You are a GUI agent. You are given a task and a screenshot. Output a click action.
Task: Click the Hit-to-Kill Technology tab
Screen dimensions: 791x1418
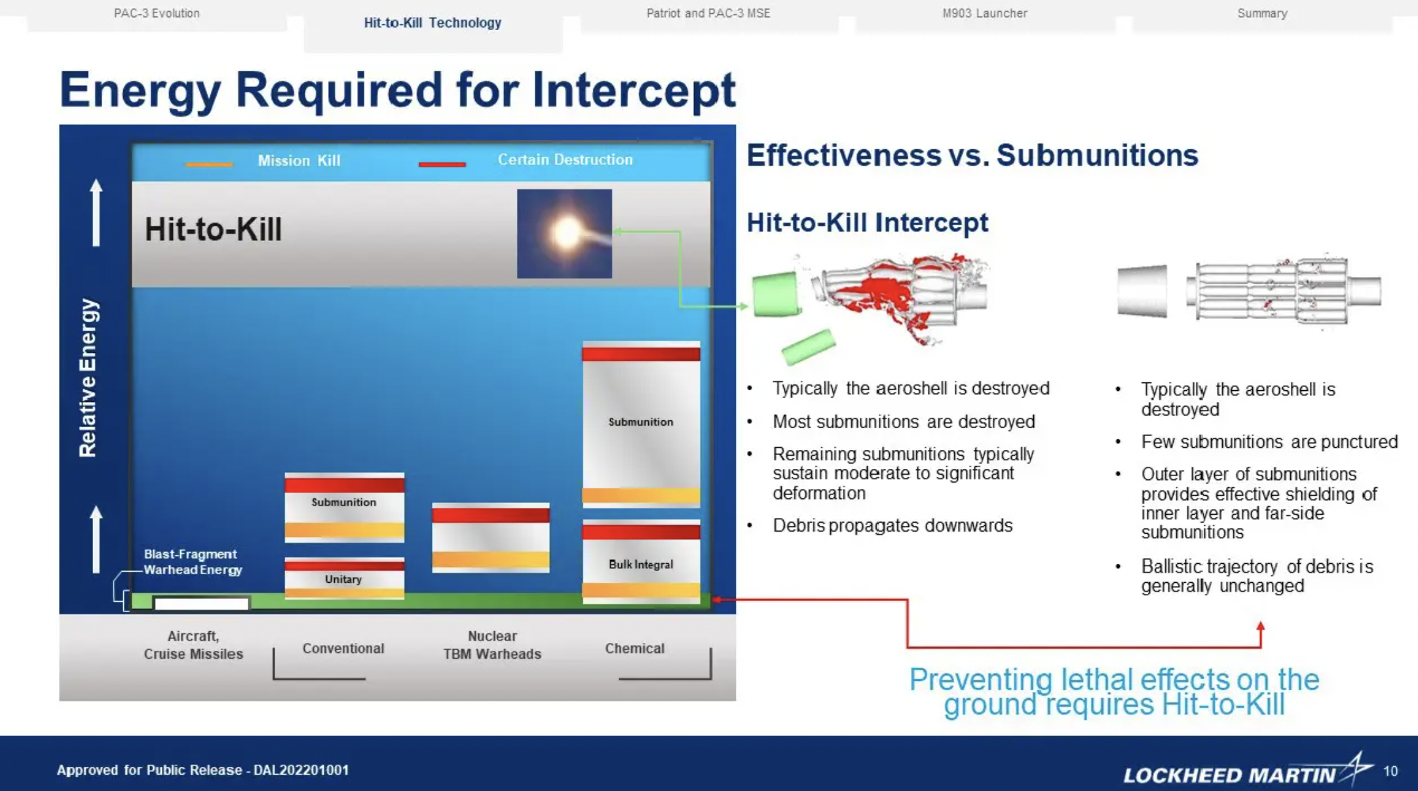[432, 23]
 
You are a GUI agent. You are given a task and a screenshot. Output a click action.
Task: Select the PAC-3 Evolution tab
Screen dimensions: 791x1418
[157, 13]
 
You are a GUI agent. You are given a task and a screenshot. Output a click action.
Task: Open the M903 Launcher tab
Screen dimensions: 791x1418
[984, 13]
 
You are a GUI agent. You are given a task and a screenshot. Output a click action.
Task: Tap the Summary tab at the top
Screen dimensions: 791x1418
[1262, 13]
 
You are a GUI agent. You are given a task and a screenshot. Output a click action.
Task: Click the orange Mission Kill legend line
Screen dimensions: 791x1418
[209, 164]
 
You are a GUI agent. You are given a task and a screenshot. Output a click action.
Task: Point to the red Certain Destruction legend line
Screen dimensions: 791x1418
[442, 164]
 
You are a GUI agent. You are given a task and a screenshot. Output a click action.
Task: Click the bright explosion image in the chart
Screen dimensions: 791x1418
[564, 234]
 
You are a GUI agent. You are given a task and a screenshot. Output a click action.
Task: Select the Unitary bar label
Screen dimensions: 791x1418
[343, 579]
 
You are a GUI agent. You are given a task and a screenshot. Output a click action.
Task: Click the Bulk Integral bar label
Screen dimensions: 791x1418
[640, 564]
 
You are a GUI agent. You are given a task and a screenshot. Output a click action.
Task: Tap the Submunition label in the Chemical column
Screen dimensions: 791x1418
[640, 422]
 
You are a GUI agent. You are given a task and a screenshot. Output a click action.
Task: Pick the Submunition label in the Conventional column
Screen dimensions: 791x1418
[343, 502]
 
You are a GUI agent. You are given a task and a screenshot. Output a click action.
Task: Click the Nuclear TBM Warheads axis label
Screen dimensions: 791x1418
[492, 645]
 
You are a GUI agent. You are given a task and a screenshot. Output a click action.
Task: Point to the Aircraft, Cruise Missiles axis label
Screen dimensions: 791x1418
[193, 645]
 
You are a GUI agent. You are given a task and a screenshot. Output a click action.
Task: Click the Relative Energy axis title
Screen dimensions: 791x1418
[88, 378]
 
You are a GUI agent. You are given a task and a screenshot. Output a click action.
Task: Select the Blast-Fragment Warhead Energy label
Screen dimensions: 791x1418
[193, 562]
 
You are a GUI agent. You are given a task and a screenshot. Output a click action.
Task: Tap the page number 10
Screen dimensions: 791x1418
[1390, 771]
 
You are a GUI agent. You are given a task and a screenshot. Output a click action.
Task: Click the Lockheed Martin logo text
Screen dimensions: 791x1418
[1229, 775]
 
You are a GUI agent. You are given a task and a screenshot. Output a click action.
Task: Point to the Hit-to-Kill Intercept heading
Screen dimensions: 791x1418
[867, 223]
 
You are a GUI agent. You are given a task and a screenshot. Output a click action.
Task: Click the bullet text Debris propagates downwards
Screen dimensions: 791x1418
[892, 526]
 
